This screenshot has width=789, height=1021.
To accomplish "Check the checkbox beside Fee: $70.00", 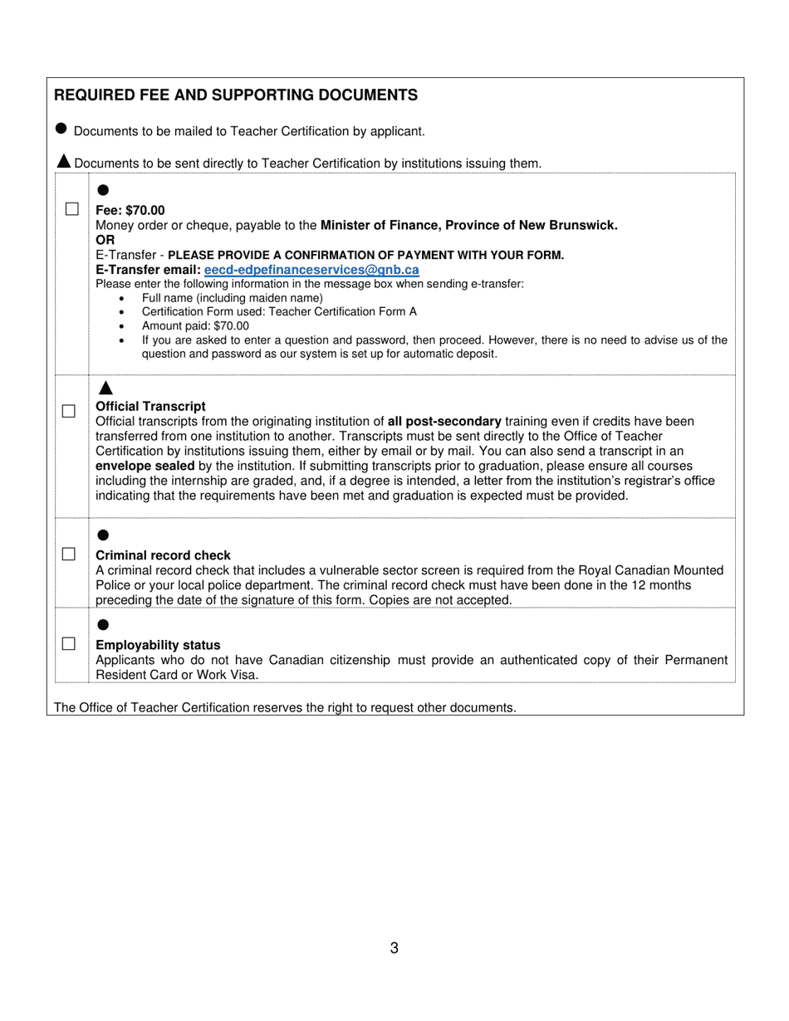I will click(72, 209).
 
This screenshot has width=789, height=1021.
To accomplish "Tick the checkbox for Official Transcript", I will click(69, 411).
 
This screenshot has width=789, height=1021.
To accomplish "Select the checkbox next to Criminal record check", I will click(69, 554).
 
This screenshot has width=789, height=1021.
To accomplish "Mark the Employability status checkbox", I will click(69, 643).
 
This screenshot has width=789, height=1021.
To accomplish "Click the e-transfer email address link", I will click(311, 270).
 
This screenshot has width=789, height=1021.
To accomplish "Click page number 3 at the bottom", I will click(394, 948).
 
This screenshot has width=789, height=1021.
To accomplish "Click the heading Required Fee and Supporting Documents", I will click(236, 95).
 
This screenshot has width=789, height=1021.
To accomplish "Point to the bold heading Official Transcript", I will click(150, 406).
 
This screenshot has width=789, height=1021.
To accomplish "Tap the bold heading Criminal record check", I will click(163, 555).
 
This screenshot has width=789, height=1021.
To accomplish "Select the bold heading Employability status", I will click(158, 645).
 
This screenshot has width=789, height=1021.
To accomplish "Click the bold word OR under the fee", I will click(105, 240).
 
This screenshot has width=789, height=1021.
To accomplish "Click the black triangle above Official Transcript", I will click(105, 388).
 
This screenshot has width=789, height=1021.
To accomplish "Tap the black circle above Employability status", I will click(103, 624).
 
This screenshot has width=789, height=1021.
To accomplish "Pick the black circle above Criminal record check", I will click(103, 535).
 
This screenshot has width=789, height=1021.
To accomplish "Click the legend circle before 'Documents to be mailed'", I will click(61, 129).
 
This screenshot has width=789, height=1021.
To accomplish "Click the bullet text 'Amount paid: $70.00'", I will click(195, 325).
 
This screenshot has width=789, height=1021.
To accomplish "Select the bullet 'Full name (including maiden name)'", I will click(232, 298).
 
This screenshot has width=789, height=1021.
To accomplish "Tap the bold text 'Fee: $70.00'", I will click(130, 210).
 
